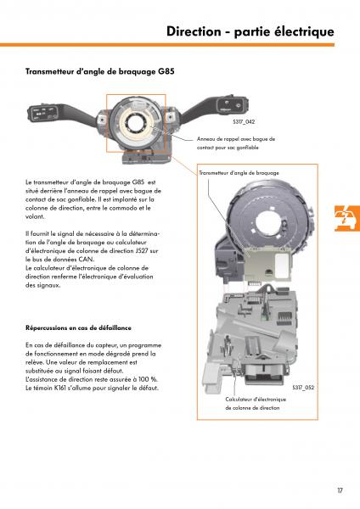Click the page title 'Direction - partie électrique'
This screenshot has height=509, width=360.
coord(250,31)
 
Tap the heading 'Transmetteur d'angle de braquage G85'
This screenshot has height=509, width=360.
coord(99,71)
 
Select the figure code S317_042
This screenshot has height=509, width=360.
coord(244,121)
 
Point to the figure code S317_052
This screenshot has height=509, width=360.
coord(303,388)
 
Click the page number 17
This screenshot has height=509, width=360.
coord(340,490)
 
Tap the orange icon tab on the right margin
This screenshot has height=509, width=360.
coord(347,218)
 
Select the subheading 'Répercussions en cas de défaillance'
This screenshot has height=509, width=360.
coord(78,327)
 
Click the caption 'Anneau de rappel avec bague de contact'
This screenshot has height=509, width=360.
coord(236,143)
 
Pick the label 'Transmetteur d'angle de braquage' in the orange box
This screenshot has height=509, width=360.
coord(239,173)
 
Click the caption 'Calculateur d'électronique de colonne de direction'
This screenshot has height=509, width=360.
coord(256,404)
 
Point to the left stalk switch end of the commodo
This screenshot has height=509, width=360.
coord(43,114)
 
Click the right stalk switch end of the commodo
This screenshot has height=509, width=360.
coord(233,106)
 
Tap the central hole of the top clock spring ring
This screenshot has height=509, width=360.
coord(134,123)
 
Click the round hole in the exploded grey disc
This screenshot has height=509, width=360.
coord(268,221)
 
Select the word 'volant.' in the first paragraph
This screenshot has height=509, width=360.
coord(35,216)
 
